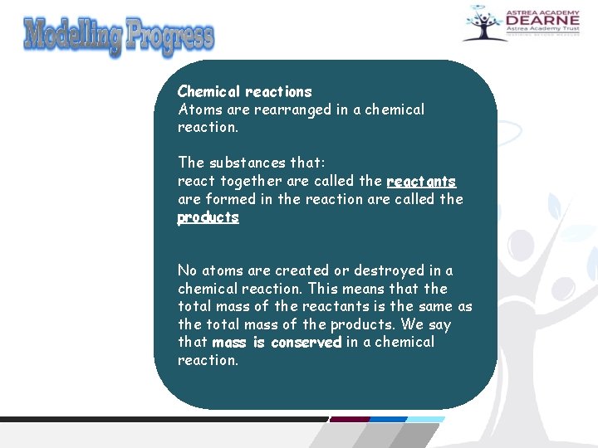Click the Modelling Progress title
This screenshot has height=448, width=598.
point(119,36)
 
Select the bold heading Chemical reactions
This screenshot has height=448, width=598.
point(245,91)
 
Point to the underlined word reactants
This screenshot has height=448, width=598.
point(421,181)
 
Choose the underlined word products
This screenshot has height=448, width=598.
point(208,217)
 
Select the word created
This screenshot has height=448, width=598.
point(301,270)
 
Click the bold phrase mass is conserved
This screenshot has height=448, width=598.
point(277,342)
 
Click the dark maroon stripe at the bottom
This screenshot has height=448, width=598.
point(349,420)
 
